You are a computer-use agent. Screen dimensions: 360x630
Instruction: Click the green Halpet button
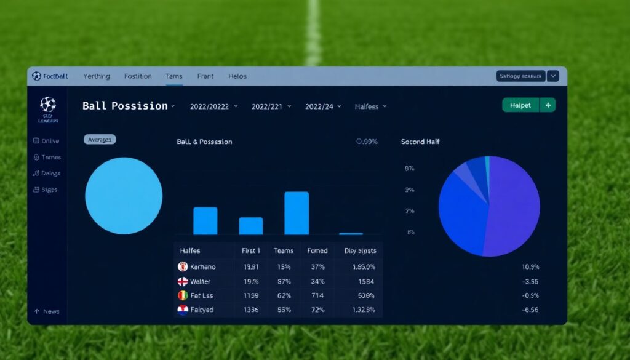click(x=520, y=105)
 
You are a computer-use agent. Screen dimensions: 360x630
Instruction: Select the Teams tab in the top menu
click(x=173, y=76)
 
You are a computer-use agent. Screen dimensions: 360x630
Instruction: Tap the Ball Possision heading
click(x=125, y=106)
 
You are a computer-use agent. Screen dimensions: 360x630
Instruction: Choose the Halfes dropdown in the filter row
click(x=370, y=106)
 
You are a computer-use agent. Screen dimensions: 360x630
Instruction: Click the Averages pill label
click(x=100, y=140)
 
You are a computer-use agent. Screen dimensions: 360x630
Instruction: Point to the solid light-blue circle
click(x=124, y=196)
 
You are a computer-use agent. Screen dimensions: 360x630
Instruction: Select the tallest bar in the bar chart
click(x=297, y=213)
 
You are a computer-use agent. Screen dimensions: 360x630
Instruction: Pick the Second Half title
click(x=421, y=142)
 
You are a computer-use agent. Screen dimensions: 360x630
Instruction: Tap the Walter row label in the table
click(x=201, y=281)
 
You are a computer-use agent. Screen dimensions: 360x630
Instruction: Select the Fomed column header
click(x=317, y=250)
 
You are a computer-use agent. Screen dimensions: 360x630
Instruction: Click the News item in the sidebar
click(x=51, y=311)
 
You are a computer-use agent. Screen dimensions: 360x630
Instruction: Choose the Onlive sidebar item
click(x=50, y=141)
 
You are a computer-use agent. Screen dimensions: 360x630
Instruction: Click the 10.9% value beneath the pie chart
click(x=530, y=267)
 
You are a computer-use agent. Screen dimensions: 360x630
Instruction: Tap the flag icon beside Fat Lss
click(x=183, y=295)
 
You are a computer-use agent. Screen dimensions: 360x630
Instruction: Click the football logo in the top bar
click(x=36, y=76)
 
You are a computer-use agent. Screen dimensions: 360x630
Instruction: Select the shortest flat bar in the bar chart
click(x=351, y=233)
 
